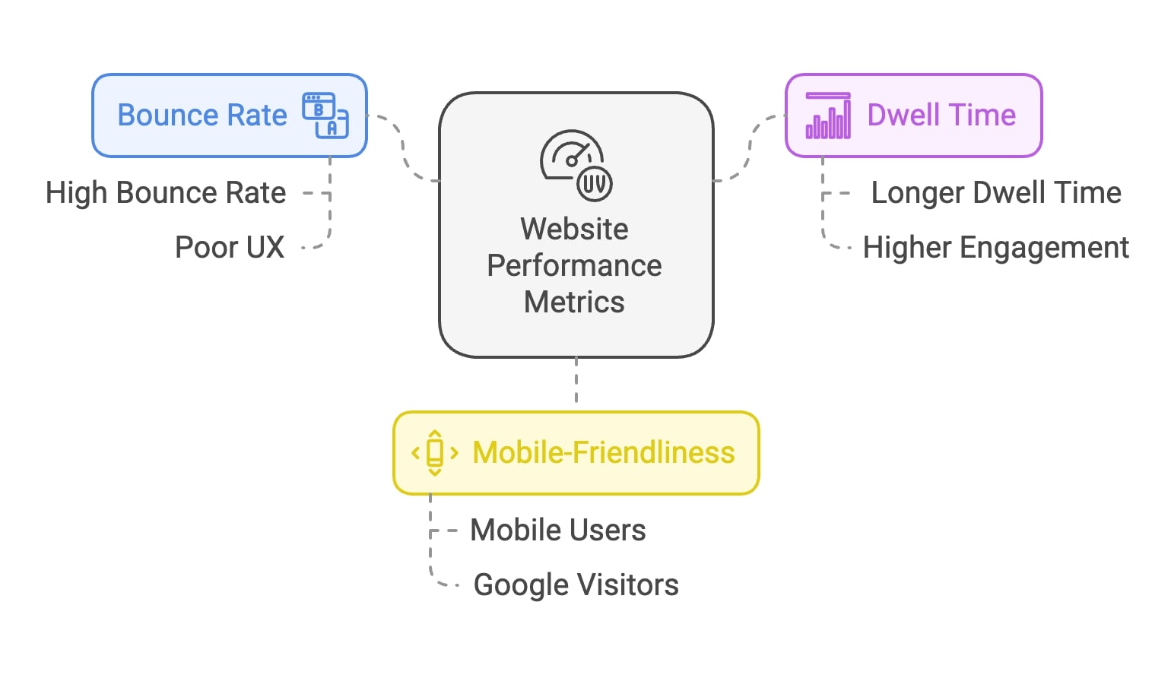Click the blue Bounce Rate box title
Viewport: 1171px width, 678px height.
pyautogui.click(x=202, y=116)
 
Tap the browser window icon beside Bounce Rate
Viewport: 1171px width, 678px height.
pyautogui.click(x=325, y=116)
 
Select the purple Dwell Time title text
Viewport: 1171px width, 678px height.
pyautogui.click(x=941, y=116)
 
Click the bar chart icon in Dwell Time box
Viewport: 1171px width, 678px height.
pyautogui.click(x=828, y=116)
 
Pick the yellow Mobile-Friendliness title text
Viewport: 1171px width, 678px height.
pyautogui.click(x=604, y=453)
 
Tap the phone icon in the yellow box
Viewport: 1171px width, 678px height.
pyautogui.click(x=435, y=453)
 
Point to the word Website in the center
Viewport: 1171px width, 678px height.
pyautogui.click(x=575, y=229)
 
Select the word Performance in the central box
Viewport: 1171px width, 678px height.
pyautogui.click(x=575, y=265)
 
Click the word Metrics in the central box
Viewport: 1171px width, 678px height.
pyautogui.click(x=575, y=302)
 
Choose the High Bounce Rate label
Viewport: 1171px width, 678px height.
pyautogui.click(x=166, y=193)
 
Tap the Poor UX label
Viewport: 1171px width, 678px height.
pyautogui.click(x=230, y=248)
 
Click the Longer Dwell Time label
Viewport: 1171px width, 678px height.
pyautogui.click(x=996, y=193)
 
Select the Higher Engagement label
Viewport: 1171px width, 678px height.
pyautogui.click(x=996, y=248)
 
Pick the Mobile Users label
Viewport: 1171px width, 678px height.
pyautogui.click(x=558, y=531)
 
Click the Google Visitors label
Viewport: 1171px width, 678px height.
pyautogui.click(x=576, y=585)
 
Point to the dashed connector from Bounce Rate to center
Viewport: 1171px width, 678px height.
pyautogui.click(x=403, y=148)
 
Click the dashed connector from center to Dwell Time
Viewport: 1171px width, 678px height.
pyautogui.click(x=750, y=148)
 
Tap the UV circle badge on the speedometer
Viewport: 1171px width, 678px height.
pyautogui.click(x=595, y=184)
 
